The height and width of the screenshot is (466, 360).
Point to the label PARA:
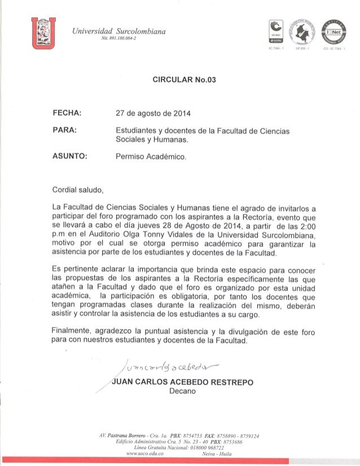click(65, 131)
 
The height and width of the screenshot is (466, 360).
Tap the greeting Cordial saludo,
click(76, 189)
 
